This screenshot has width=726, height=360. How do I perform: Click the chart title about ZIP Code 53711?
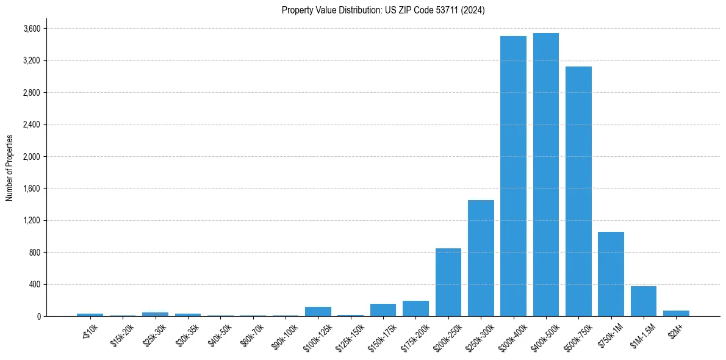(x=383, y=10)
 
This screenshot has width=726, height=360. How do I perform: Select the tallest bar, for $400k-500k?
(x=545, y=175)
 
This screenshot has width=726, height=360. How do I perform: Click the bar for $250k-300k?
(x=481, y=258)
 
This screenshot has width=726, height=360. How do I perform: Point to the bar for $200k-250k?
(x=448, y=282)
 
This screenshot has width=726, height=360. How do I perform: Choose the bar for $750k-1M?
(x=611, y=274)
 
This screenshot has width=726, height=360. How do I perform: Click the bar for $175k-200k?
(x=415, y=308)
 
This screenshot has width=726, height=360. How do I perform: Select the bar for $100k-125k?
(x=318, y=311)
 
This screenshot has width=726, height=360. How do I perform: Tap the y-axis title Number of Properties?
(x=9, y=168)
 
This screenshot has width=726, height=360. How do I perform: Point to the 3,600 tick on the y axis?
(x=32, y=29)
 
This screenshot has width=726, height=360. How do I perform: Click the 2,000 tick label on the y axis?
(x=32, y=157)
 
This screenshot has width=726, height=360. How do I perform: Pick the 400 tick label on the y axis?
(x=34, y=284)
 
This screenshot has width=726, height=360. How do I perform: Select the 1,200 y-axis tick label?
(x=32, y=220)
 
